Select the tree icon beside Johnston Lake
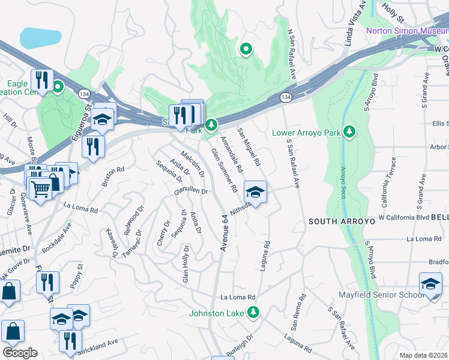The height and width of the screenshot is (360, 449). pyautogui.click(x=253, y=312)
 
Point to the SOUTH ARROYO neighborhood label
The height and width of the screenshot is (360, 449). pyautogui.click(x=337, y=221)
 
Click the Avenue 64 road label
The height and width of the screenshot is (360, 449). pyautogui.click(x=224, y=232)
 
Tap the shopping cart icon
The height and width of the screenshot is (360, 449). pyautogui.click(x=40, y=190)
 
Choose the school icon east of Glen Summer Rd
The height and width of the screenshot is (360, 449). pyautogui.click(x=255, y=193)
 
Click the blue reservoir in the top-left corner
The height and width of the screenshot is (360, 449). pyautogui.click(x=40, y=38)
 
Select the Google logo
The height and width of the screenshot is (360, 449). pyautogui.click(x=20, y=352)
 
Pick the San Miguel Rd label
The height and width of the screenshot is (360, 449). pyautogui.click(x=249, y=146)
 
